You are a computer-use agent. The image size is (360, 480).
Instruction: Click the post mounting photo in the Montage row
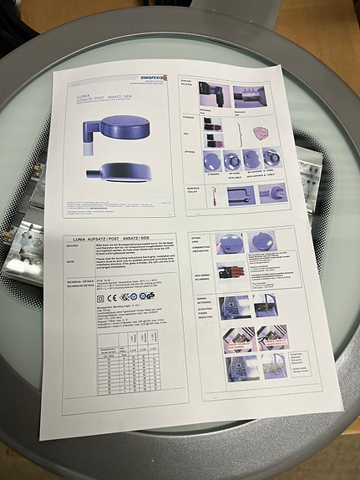pos(215,94)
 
